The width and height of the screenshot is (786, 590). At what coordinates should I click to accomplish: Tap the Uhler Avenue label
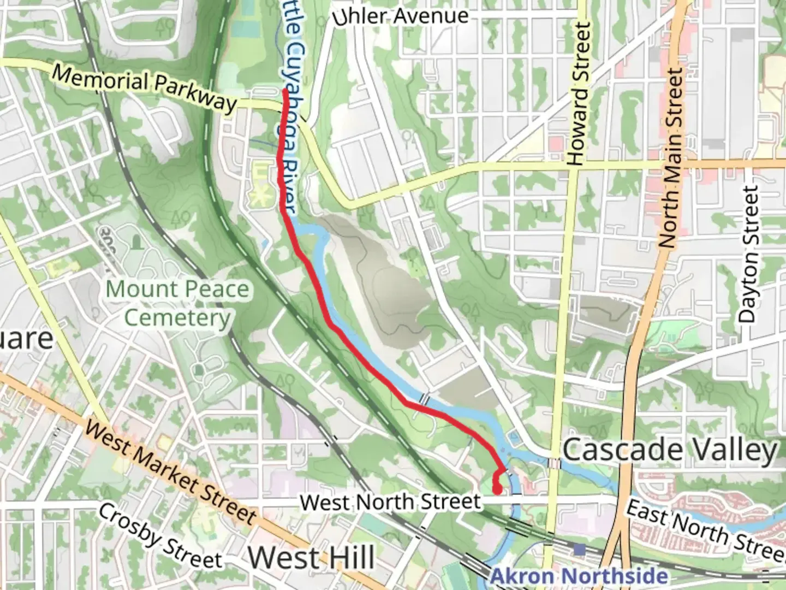(401, 16)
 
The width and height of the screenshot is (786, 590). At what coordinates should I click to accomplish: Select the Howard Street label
(579, 94)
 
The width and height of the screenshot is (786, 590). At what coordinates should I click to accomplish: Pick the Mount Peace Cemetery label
(177, 303)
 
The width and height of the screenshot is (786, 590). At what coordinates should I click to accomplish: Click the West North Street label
(391, 501)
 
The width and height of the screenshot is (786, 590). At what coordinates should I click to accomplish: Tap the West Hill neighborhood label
(312, 558)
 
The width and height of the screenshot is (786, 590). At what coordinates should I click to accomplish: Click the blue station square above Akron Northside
(580, 548)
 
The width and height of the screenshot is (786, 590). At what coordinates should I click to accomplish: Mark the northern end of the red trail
(285, 92)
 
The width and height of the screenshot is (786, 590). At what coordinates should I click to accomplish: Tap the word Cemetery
(177, 318)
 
